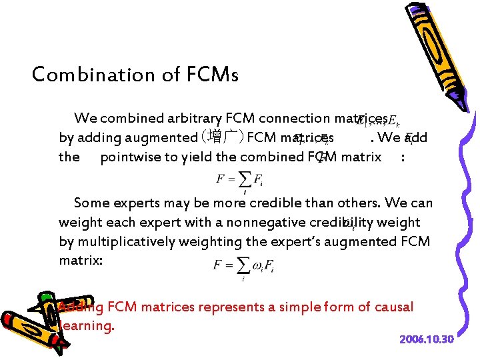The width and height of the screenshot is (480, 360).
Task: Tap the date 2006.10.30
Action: (x=427, y=340)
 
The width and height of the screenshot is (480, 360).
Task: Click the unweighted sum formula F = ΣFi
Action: (x=233, y=180)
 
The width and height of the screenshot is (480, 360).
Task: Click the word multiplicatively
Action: (x=125, y=241)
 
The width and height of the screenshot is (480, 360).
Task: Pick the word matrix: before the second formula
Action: (x=81, y=260)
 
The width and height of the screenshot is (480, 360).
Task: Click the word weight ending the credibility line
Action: (x=398, y=222)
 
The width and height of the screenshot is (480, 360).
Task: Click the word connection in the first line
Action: (x=293, y=119)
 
